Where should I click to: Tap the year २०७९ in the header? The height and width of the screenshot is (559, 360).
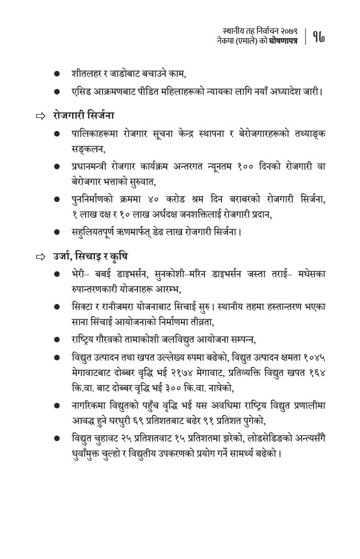tap(287, 31)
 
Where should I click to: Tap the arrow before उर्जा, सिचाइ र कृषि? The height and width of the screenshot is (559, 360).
tap(40, 257)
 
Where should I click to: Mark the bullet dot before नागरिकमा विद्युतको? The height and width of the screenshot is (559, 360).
tap(57, 406)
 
